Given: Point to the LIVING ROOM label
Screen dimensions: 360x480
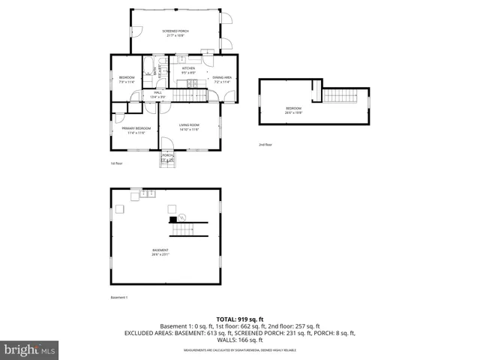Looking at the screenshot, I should click(189, 127).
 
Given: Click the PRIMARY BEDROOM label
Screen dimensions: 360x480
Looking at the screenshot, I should click(136, 130).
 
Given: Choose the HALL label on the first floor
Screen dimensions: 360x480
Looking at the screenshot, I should click(158, 94).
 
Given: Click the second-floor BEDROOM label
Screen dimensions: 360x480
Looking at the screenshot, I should click(293, 110).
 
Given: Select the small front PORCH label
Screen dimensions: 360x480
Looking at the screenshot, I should click(168, 157).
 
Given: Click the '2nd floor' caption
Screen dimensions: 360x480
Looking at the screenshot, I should click(265, 144).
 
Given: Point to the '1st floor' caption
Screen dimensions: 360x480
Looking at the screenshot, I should click(115, 163).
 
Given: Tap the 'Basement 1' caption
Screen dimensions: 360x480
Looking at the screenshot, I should click(118, 298).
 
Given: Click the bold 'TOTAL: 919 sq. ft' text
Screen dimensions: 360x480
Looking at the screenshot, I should click(239, 319).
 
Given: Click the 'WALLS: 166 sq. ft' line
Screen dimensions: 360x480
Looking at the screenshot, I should click(239, 340).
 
